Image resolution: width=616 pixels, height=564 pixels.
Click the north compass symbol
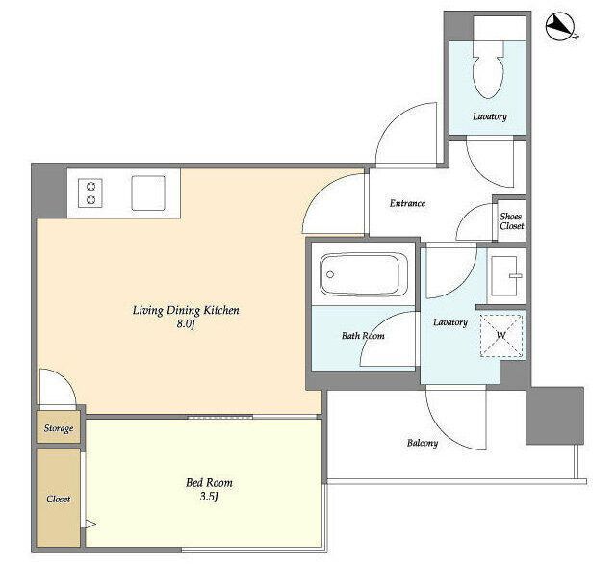pos(560,27)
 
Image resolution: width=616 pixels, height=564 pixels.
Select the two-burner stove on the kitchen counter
pos(90,192)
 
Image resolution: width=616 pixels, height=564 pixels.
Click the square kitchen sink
pos(148,192)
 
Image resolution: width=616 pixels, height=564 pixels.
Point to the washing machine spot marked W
pos(501,335)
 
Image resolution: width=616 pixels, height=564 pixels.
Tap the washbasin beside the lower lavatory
pos(507,275)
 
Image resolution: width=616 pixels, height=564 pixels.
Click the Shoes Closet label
pos(511,221)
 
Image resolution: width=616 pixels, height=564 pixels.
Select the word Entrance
pos(407,203)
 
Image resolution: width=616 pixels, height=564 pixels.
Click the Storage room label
pos(59,427)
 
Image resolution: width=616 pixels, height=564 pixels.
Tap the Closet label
pos(59,499)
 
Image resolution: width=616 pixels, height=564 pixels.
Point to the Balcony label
pos(423,443)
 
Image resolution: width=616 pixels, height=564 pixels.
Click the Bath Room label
pos(363,335)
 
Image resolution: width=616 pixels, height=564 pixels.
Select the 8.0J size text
pos(186,325)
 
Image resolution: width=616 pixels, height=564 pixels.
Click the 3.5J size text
pos(209,497)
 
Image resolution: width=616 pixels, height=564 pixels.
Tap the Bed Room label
pos(209,482)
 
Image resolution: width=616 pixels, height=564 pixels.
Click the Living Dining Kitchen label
pos(186,310)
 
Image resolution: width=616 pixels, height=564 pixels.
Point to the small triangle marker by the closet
pos(90,524)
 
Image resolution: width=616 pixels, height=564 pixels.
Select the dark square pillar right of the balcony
pos(554,416)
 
